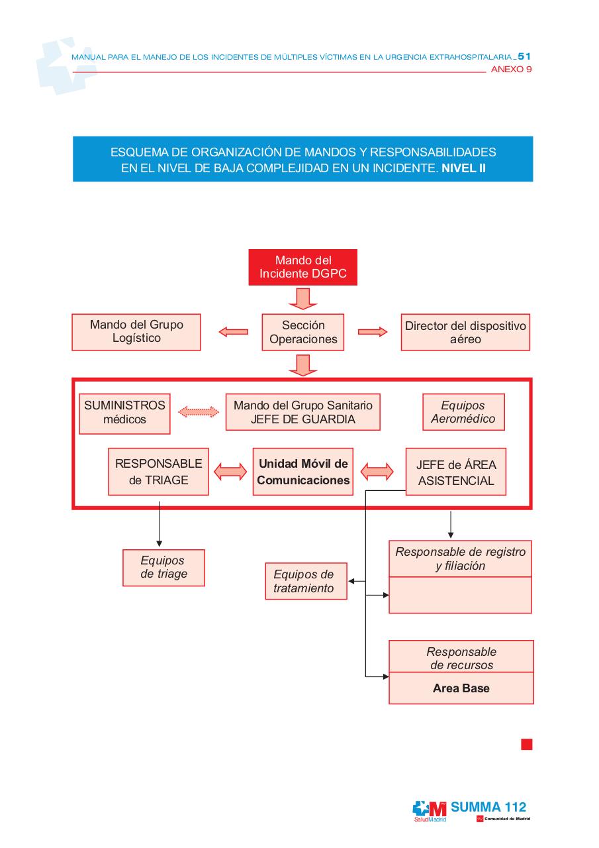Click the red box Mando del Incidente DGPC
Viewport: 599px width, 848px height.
[302, 267]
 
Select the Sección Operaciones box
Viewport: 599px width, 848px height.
[303, 332]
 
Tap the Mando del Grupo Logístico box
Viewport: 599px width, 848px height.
[136, 331]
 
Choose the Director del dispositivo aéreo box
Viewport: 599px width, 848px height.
[465, 332]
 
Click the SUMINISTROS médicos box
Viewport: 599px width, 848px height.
[124, 413]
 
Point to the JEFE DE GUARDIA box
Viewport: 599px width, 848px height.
[302, 412]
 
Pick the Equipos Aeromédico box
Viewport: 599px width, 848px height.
[463, 412]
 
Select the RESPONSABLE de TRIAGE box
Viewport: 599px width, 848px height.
[158, 472]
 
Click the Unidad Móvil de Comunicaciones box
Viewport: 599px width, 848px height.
[302, 472]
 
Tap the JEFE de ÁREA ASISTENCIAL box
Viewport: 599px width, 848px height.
[456, 472]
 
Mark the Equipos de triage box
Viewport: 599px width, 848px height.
[163, 567]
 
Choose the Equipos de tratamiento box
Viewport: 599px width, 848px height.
[306, 581]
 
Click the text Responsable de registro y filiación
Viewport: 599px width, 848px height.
[460, 558]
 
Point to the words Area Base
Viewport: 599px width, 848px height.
[461, 688]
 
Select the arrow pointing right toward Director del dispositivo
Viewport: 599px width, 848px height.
[373, 332]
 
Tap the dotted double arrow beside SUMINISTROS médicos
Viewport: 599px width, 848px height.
[198, 412]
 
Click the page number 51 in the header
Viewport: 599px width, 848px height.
[524, 57]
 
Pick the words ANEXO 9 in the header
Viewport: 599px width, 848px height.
[511, 69]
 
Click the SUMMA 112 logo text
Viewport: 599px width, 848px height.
[488, 807]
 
